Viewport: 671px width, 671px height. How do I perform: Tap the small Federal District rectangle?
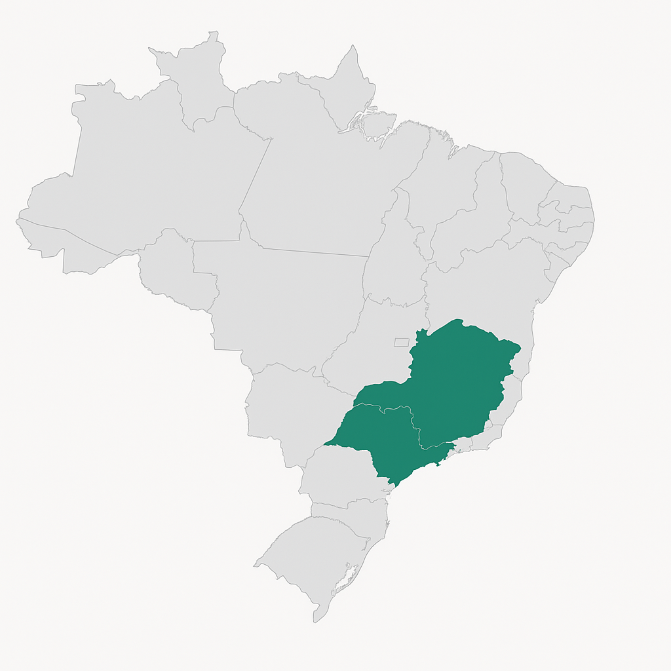coord(401,342)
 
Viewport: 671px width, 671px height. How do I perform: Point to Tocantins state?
coord(393,262)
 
